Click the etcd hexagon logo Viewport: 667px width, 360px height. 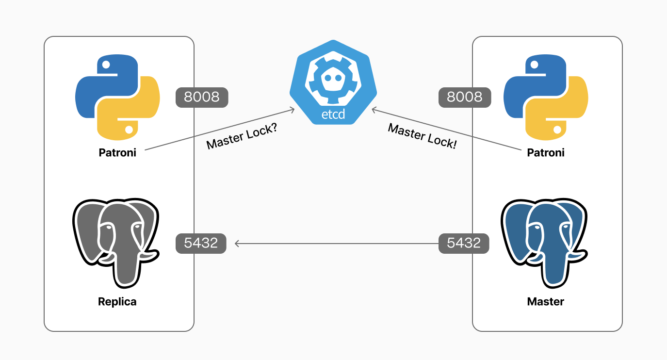click(333, 82)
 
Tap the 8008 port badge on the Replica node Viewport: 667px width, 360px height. click(202, 97)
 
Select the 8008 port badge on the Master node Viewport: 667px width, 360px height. click(465, 97)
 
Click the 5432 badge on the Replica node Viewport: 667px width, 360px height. click(201, 243)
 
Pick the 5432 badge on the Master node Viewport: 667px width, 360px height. click(464, 243)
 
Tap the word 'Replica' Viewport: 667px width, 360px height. click(117, 302)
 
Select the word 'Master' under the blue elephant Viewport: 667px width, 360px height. click(546, 302)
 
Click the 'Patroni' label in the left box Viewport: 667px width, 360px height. click(117, 153)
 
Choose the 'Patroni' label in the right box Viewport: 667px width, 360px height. click(546, 153)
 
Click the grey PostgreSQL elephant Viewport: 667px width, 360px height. click(115, 233)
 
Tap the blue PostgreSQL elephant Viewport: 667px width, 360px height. click(543, 233)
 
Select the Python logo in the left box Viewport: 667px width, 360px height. click(117, 98)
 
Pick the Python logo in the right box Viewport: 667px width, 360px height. click(546, 98)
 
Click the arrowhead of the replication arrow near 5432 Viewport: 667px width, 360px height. click(237, 243)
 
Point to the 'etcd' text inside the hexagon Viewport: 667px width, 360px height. click(333, 115)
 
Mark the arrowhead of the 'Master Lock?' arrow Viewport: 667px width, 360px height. click(293, 110)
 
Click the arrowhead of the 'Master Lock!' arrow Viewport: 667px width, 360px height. click(374, 110)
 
